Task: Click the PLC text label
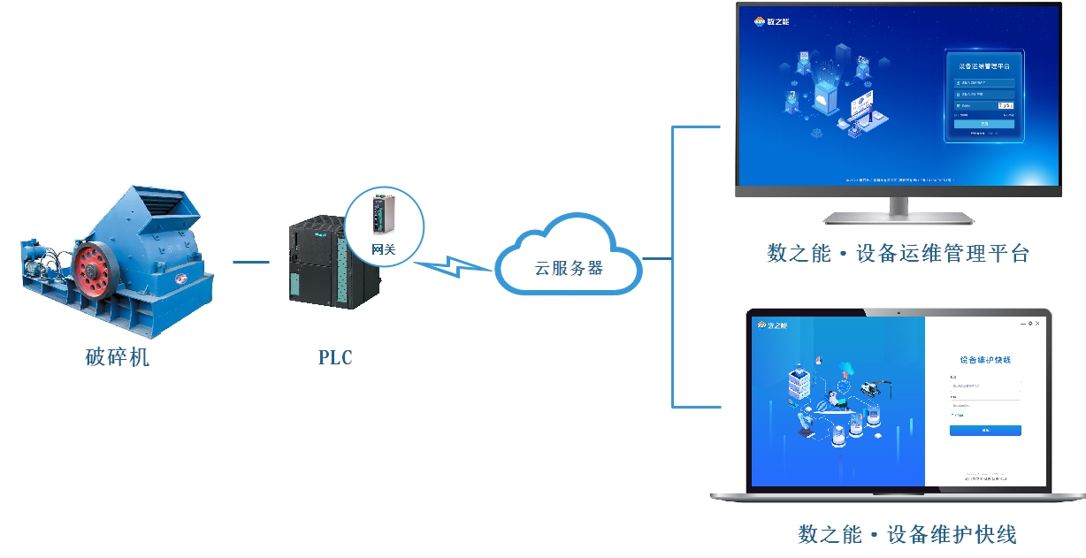coord(335,357)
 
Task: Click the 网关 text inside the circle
coord(383,250)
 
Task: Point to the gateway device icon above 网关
coord(381,213)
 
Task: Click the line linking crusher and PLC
coord(250,261)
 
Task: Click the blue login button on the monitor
coord(984,124)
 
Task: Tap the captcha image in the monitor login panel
coord(1006,105)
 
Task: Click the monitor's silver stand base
coord(899,217)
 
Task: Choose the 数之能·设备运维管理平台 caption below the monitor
coord(899,254)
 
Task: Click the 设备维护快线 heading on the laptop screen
coord(984,360)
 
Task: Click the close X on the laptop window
coord(1037,324)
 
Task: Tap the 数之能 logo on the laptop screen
coord(770,325)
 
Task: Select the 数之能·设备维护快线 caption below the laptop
coord(907,534)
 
